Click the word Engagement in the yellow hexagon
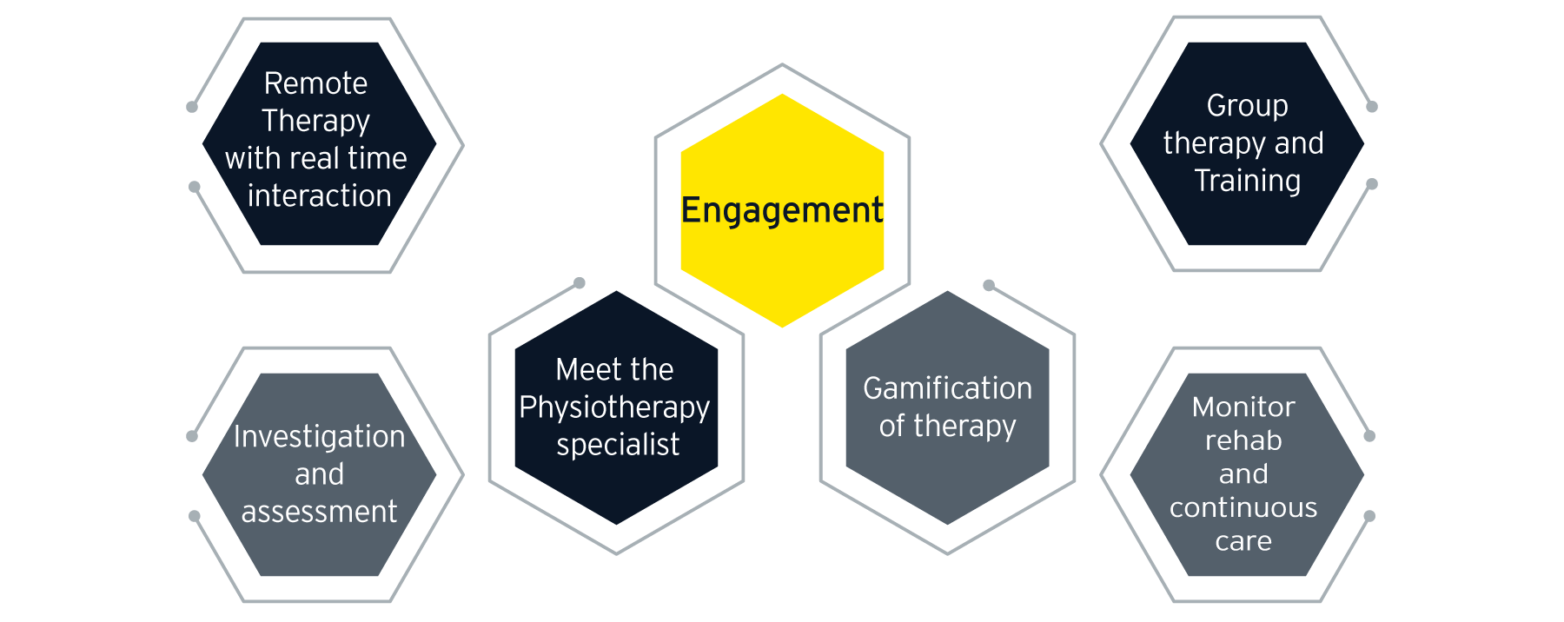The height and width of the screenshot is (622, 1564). coord(781,211)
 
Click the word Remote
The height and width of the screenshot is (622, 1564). coord(315,83)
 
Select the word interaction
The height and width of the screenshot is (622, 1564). coord(319,196)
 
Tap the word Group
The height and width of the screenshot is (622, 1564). coord(1247,106)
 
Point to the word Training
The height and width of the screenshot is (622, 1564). coord(1247,181)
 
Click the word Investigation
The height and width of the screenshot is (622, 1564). coord(319,437)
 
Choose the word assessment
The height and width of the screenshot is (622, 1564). coord(319,512)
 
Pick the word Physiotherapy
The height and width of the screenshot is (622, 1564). coord(614,407)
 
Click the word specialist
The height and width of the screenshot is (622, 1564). coord(617,445)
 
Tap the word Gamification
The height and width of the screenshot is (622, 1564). coord(947,388)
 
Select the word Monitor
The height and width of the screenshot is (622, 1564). coord(1243,407)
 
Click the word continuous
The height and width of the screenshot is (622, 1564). coord(1243,507)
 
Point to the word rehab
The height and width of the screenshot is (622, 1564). coord(1243,440)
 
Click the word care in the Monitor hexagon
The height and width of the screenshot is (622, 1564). coord(1243,541)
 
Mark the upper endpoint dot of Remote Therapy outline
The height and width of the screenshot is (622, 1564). coord(192,107)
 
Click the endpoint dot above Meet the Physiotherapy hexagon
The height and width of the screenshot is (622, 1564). coord(580,282)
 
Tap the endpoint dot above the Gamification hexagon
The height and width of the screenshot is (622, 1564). coord(988,285)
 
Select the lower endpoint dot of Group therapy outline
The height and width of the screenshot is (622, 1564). coord(1372,184)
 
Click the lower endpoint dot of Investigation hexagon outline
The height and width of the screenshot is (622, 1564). coord(195,516)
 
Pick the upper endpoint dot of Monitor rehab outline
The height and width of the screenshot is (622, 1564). coord(1369,436)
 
